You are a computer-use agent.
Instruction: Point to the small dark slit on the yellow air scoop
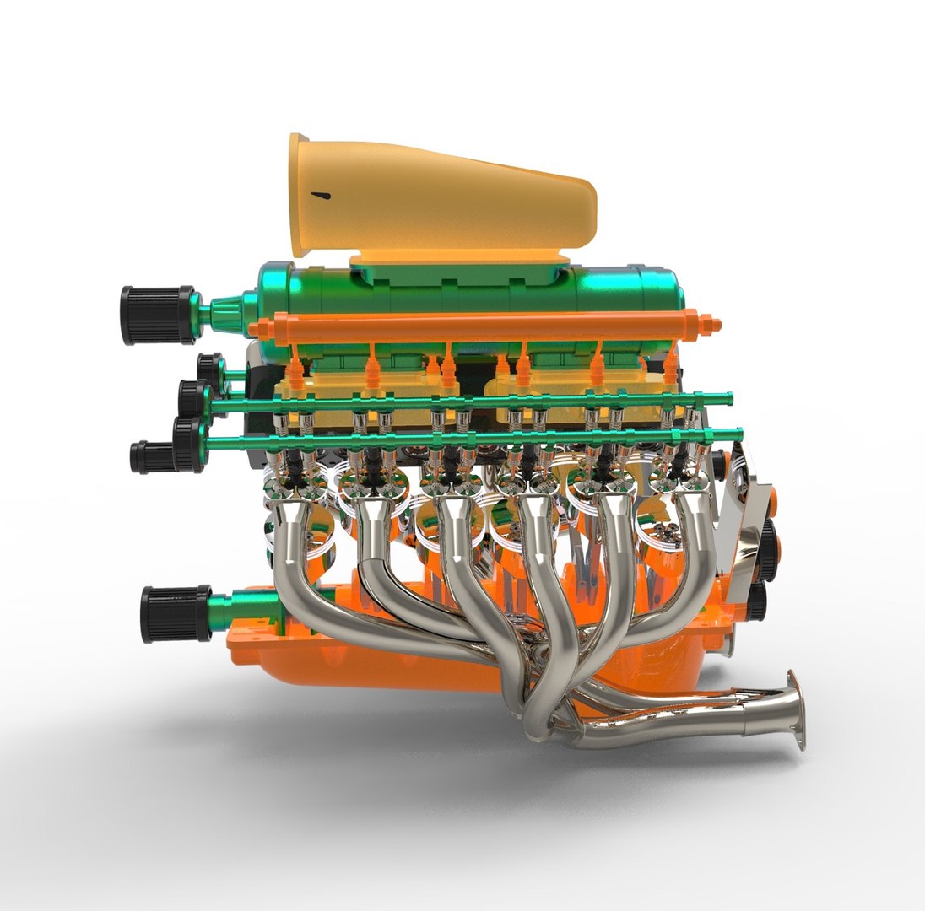[321, 196]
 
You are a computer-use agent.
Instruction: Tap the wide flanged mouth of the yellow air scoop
[299, 194]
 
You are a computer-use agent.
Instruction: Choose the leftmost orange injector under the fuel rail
[295, 370]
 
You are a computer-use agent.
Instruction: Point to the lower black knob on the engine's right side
[757, 599]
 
